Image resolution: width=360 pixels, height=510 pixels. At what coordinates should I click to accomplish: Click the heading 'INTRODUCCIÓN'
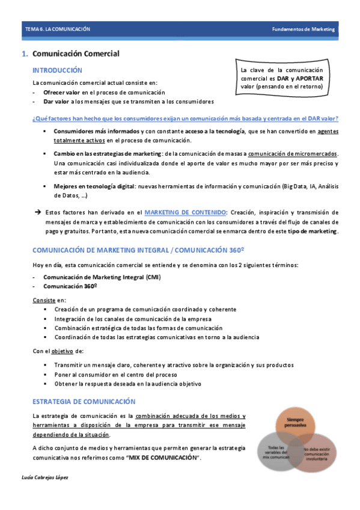click(x=57, y=70)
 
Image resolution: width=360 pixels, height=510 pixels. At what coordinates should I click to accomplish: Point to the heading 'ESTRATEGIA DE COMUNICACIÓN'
click(x=84, y=401)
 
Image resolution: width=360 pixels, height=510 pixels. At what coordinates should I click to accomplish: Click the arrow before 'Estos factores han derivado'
click(x=37, y=212)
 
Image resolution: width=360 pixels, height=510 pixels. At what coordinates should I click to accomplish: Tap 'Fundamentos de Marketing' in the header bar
click(x=303, y=29)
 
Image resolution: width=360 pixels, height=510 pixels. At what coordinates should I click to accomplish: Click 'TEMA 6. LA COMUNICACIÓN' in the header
click(x=57, y=29)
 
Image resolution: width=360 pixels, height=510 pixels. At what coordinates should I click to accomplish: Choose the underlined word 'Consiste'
click(x=43, y=300)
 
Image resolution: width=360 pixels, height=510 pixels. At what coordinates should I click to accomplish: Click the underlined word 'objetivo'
click(x=61, y=351)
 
